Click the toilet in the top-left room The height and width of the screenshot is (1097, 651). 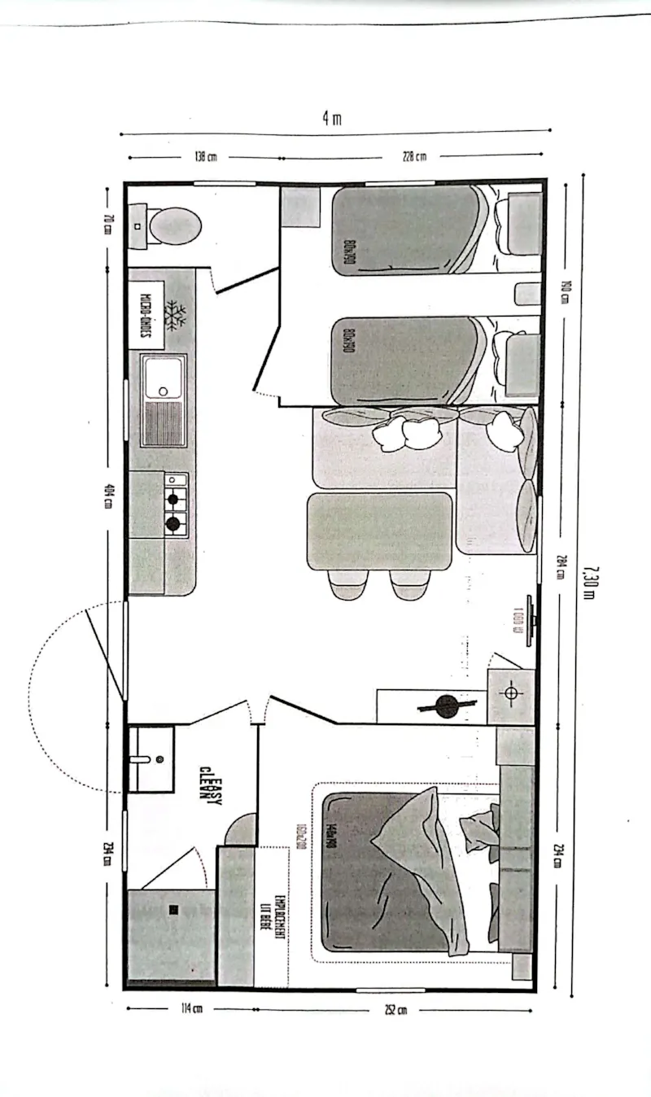(x=171, y=225)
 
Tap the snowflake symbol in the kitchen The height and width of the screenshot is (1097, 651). (x=175, y=315)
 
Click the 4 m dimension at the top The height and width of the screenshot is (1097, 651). (x=331, y=118)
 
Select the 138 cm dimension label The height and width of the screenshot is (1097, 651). (x=205, y=157)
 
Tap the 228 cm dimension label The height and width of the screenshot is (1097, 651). (x=414, y=156)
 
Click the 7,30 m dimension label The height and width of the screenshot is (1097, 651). (x=588, y=581)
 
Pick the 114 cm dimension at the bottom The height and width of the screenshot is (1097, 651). (x=191, y=1010)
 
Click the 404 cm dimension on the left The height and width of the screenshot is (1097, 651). (x=107, y=496)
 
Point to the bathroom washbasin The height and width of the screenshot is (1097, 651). (x=151, y=758)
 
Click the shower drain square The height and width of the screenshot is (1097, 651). (x=173, y=909)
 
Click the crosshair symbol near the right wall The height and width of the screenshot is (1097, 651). (x=511, y=693)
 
